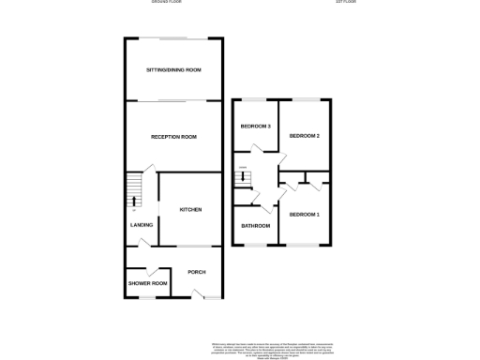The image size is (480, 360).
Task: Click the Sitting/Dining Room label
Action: point(173,70)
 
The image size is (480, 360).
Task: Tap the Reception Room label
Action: point(173,137)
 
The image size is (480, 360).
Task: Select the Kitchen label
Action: point(190,209)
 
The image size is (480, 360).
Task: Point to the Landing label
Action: point(141,225)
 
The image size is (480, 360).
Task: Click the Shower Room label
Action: point(147,283)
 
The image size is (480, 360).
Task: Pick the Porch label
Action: point(196,272)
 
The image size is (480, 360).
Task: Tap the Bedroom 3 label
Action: point(255,127)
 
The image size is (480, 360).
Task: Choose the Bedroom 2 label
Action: point(305,136)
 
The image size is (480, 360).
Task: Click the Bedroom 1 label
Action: point(305,215)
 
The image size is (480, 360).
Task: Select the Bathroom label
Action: point(256,225)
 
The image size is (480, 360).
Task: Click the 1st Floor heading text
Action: point(347,2)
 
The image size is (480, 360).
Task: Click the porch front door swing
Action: point(199,293)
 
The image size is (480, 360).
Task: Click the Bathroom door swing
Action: point(267,205)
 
